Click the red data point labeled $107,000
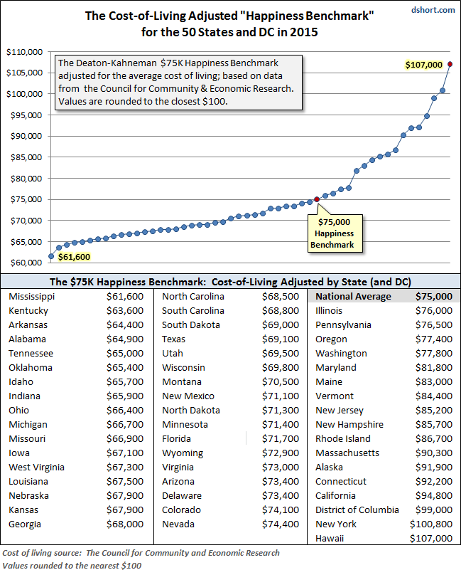(x=450, y=64)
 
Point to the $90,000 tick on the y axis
(x=25, y=136)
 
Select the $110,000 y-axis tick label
(x=23, y=52)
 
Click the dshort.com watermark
(x=433, y=9)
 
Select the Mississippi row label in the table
(x=31, y=297)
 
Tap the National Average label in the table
(x=353, y=297)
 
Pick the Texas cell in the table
(x=175, y=339)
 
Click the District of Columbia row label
(x=357, y=510)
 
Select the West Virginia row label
(x=36, y=468)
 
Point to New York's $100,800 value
(x=432, y=524)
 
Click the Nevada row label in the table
(x=178, y=524)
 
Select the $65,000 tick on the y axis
(x=25, y=241)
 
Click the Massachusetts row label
(x=347, y=453)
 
